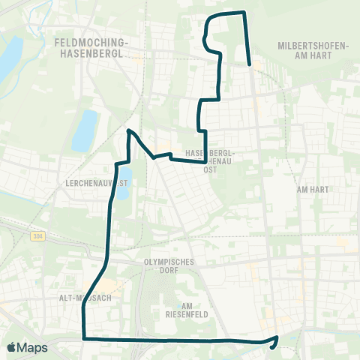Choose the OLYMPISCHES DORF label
pos(169,266)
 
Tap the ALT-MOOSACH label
pos(85,297)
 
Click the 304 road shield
pos(37,236)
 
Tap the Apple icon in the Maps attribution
pos(11,347)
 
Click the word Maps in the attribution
pos(33,347)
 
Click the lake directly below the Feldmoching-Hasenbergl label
pos(85,131)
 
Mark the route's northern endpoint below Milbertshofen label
pos(249,65)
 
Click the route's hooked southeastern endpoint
pos(277,337)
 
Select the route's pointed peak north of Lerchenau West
pos(129,130)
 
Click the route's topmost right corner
pos(244,13)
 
